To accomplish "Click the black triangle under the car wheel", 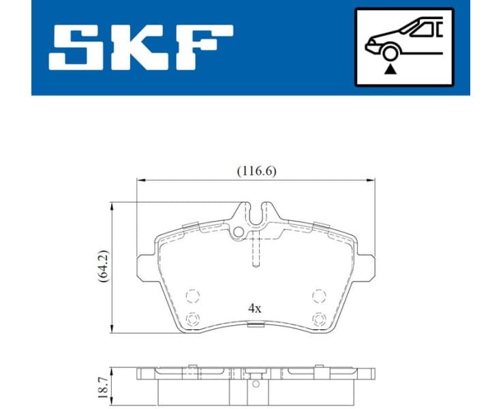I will [389, 68].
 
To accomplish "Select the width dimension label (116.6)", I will [256, 172].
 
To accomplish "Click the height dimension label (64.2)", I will [103, 266].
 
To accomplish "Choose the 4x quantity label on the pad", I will [255, 308].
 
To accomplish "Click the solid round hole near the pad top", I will [238, 232].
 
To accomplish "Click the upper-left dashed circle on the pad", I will [193, 296].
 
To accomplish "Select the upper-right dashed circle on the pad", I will [318, 296].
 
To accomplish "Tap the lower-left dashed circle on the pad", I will [193, 318].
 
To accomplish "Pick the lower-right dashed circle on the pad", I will [318, 318].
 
